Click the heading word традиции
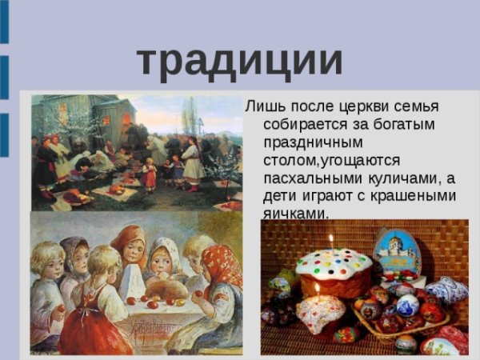coord(240,61)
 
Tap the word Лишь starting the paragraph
coord(262,106)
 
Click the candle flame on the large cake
coord(330,239)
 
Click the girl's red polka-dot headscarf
coord(221,262)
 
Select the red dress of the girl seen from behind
coord(94,320)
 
